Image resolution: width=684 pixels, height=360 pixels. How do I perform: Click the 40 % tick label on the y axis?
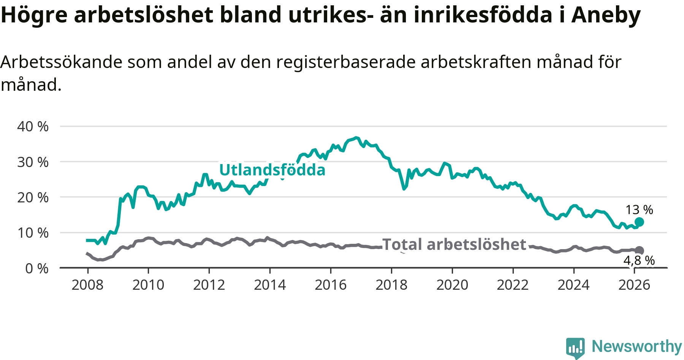33,126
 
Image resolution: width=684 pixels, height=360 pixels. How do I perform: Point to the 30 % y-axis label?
33,162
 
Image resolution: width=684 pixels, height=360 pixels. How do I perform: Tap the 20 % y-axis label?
33,197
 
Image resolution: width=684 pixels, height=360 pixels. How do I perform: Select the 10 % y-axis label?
33,233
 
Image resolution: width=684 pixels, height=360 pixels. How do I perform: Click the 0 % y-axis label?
37,268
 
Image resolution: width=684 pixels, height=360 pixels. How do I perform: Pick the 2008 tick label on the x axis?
87,285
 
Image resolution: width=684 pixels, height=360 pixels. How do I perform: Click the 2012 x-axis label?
209,285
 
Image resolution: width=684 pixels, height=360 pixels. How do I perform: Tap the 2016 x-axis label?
331,285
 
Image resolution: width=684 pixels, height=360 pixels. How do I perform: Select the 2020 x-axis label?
452,285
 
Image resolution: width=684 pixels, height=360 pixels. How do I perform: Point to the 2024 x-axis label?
573,285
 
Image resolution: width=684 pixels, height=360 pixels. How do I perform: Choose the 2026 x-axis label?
634,285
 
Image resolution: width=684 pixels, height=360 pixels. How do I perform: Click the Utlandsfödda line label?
272,170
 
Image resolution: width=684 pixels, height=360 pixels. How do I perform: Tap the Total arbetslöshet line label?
454,245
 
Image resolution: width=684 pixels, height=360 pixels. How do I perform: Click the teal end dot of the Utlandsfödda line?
639,222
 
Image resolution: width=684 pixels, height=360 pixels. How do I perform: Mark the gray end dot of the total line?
639,250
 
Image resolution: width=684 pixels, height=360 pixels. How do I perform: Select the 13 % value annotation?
639,210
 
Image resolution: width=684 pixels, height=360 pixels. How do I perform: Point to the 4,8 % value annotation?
639,261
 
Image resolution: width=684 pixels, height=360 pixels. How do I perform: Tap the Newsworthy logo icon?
575,347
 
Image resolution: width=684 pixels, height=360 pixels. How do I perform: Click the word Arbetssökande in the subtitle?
62,62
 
